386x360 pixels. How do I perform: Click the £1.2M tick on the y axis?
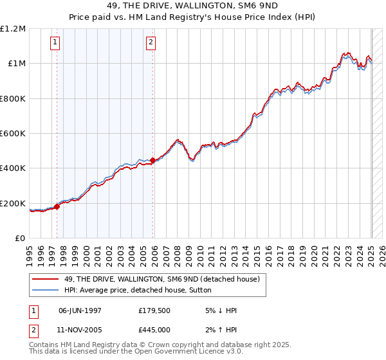pos(13,29)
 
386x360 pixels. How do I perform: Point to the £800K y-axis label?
pos(14,99)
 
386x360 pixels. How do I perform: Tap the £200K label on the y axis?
pos(14,204)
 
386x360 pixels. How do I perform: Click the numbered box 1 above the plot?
pos(55,43)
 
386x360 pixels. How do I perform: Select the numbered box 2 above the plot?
pos(151,43)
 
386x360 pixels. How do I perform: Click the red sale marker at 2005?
pos(152,161)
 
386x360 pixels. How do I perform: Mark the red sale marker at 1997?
pos(57,207)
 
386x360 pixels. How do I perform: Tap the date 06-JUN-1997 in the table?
pos(80,310)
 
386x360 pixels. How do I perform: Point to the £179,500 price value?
pos(153,310)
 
